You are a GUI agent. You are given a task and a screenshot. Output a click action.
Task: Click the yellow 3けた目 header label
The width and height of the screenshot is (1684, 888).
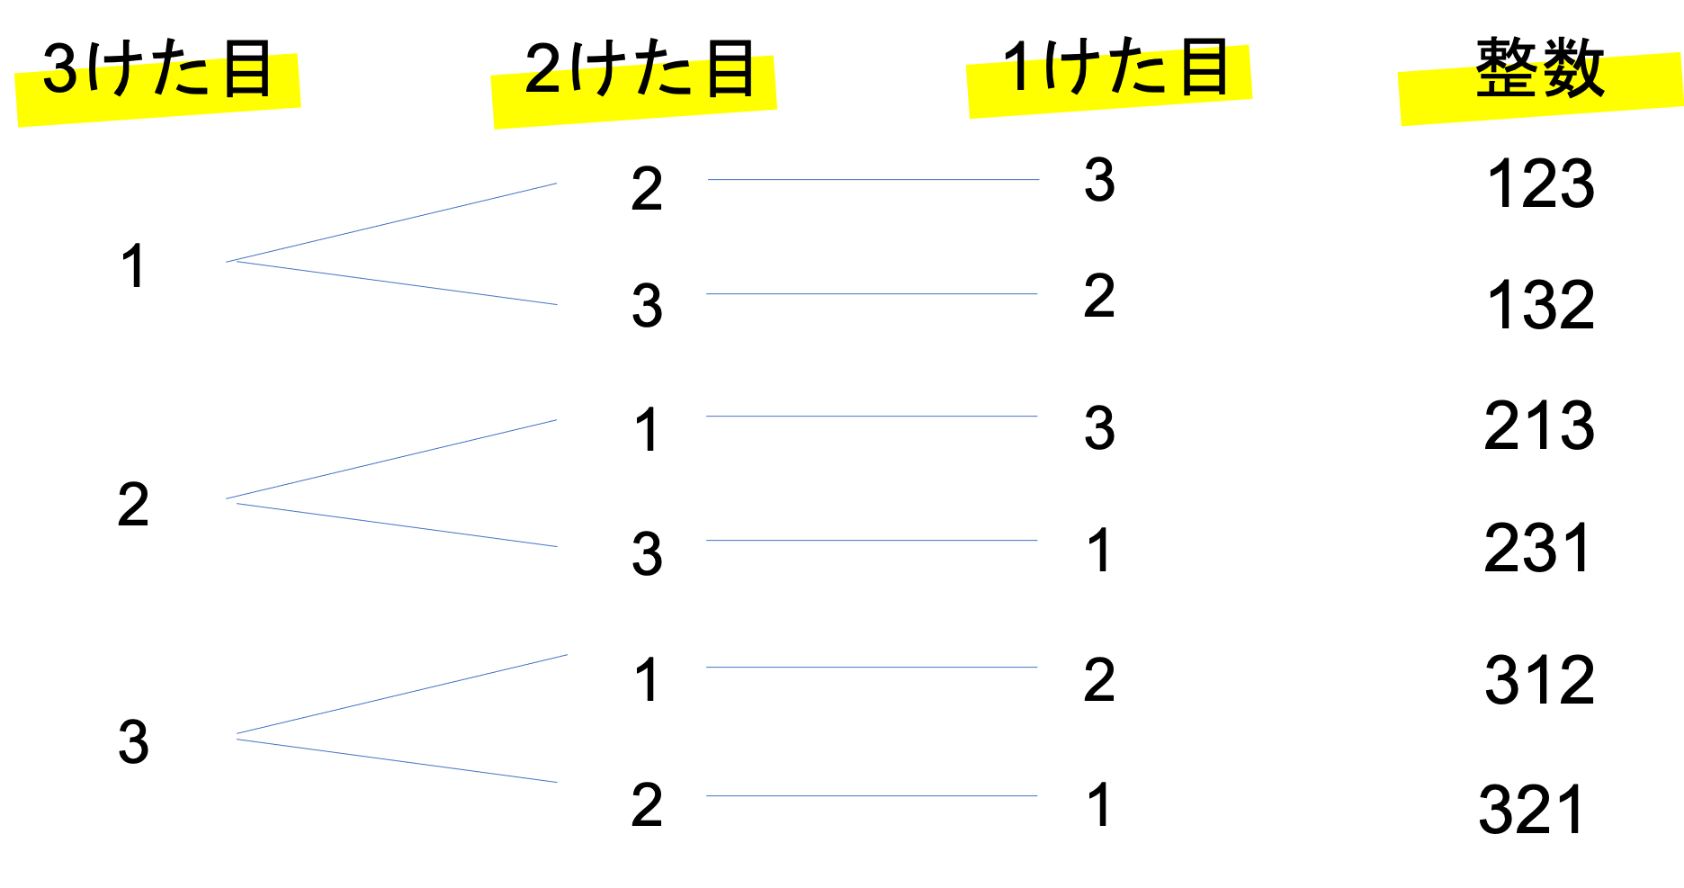tap(157, 89)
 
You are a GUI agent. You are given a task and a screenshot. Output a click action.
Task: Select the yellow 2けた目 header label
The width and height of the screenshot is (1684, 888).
tap(633, 92)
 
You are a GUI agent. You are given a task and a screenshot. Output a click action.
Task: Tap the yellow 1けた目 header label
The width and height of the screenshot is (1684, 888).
tap(1108, 81)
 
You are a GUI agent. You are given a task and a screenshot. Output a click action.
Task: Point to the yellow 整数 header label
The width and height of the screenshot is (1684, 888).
tap(1540, 88)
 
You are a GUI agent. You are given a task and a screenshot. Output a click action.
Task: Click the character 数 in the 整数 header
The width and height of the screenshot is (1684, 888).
tap(1574, 74)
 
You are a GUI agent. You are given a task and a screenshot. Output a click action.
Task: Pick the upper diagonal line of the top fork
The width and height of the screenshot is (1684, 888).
tap(391, 222)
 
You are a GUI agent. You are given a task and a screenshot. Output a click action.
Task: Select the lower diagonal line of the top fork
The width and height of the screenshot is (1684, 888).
tap(396, 283)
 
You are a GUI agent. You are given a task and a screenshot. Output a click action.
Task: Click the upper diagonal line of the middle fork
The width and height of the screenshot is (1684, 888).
tap(391, 459)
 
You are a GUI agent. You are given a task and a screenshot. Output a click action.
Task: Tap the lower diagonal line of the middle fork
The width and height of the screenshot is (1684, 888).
tap(396, 525)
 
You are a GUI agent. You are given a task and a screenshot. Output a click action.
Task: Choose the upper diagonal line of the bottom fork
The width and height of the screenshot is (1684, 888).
tap(401, 695)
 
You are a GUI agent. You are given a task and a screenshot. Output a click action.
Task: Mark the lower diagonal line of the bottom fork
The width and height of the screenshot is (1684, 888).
tap(396, 761)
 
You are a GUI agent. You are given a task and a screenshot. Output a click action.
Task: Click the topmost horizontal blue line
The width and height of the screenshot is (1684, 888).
tap(873, 180)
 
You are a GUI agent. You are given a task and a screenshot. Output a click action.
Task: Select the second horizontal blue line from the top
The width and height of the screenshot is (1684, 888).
tap(872, 294)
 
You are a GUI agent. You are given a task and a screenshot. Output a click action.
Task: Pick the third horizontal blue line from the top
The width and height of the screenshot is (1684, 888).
tap(872, 417)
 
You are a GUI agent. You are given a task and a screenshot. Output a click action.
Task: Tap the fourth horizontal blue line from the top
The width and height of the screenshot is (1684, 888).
tap(872, 541)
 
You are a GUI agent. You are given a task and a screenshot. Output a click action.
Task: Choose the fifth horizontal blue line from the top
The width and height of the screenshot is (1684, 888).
tap(872, 668)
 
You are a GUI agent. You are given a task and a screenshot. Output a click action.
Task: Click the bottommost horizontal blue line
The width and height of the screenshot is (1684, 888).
tap(872, 796)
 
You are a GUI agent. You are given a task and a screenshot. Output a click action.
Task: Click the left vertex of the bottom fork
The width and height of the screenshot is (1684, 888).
tap(237, 736)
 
